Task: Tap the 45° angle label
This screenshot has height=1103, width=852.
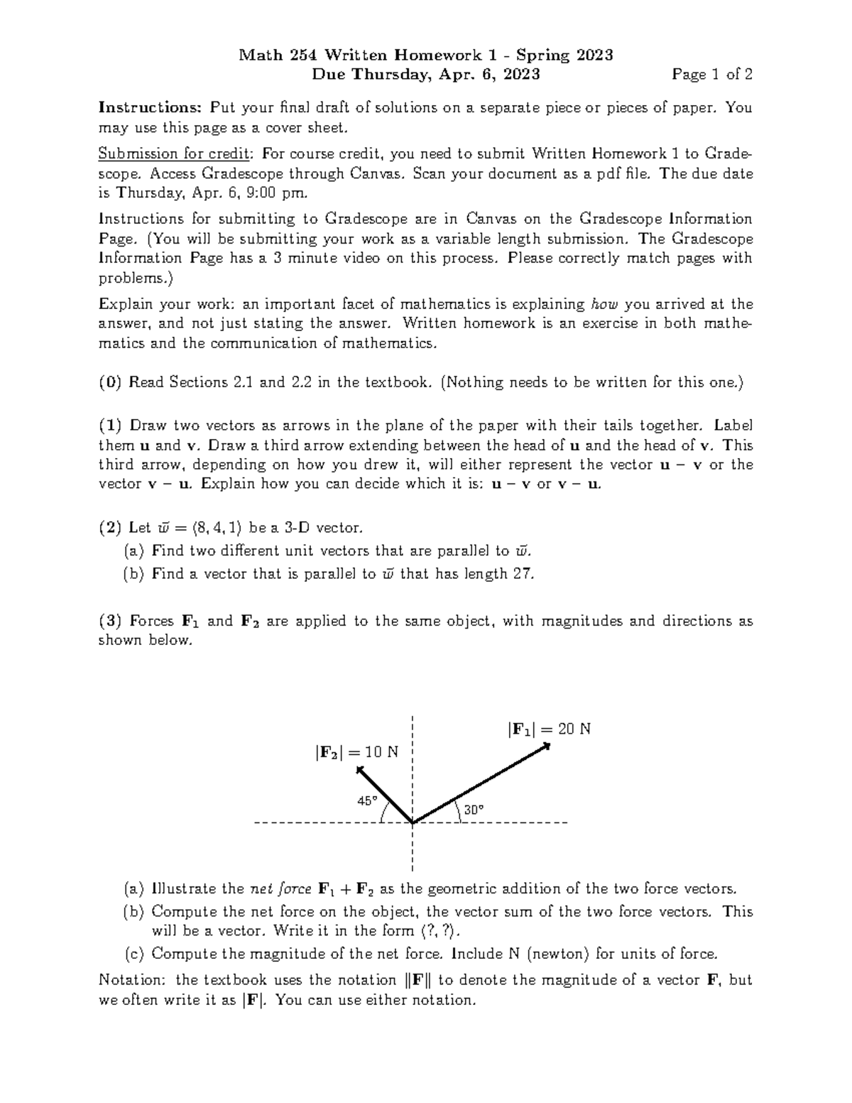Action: pos(367,800)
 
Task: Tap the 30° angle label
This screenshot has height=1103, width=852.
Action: pos(474,810)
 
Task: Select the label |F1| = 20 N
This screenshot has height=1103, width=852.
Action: pos(549,729)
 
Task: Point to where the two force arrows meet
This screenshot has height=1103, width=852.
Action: pos(413,822)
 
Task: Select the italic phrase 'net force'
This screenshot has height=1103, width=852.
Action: pos(280,889)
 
